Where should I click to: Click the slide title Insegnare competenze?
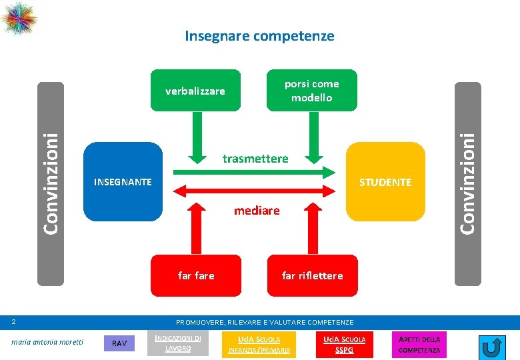point(259,36)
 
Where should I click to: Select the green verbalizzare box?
point(195,91)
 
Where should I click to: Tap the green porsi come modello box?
point(311,91)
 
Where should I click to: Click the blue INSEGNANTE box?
point(123,181)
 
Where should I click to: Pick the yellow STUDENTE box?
point(385,182)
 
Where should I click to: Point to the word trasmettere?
point(255,159)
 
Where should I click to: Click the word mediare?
point(257,211)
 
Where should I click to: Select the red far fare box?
point(196,275)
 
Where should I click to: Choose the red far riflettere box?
point(312,275)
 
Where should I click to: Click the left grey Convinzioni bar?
point(50,183)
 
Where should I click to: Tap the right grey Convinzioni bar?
point(469,183)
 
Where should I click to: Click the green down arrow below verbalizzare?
point(196,137)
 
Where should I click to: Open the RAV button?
point(119,343)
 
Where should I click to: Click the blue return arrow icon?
point(492,347)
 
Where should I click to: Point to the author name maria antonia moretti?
point(47,342)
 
